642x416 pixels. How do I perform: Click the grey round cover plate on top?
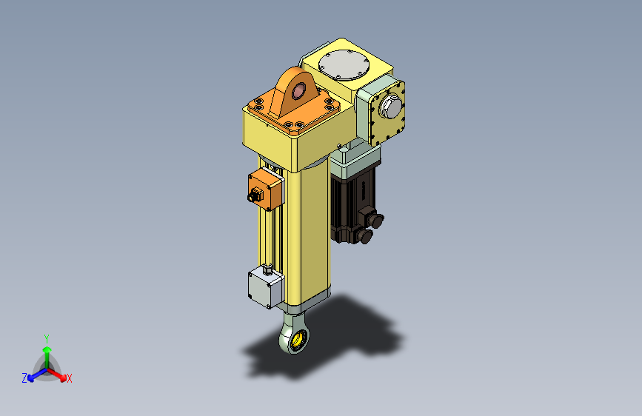click(x=344, y=64)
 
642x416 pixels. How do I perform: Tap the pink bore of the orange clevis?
click(x=298, y=91)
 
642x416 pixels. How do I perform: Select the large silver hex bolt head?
click(x=390, y=107)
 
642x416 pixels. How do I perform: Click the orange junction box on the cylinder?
click(x=265, y=189)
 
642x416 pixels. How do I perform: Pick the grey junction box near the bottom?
click(x=265, y=287)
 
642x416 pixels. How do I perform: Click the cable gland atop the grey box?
click(x=268, y=269)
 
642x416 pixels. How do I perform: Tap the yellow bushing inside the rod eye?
click(x=298, y=339)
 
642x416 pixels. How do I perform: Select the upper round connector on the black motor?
click(x=374, y=218)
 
